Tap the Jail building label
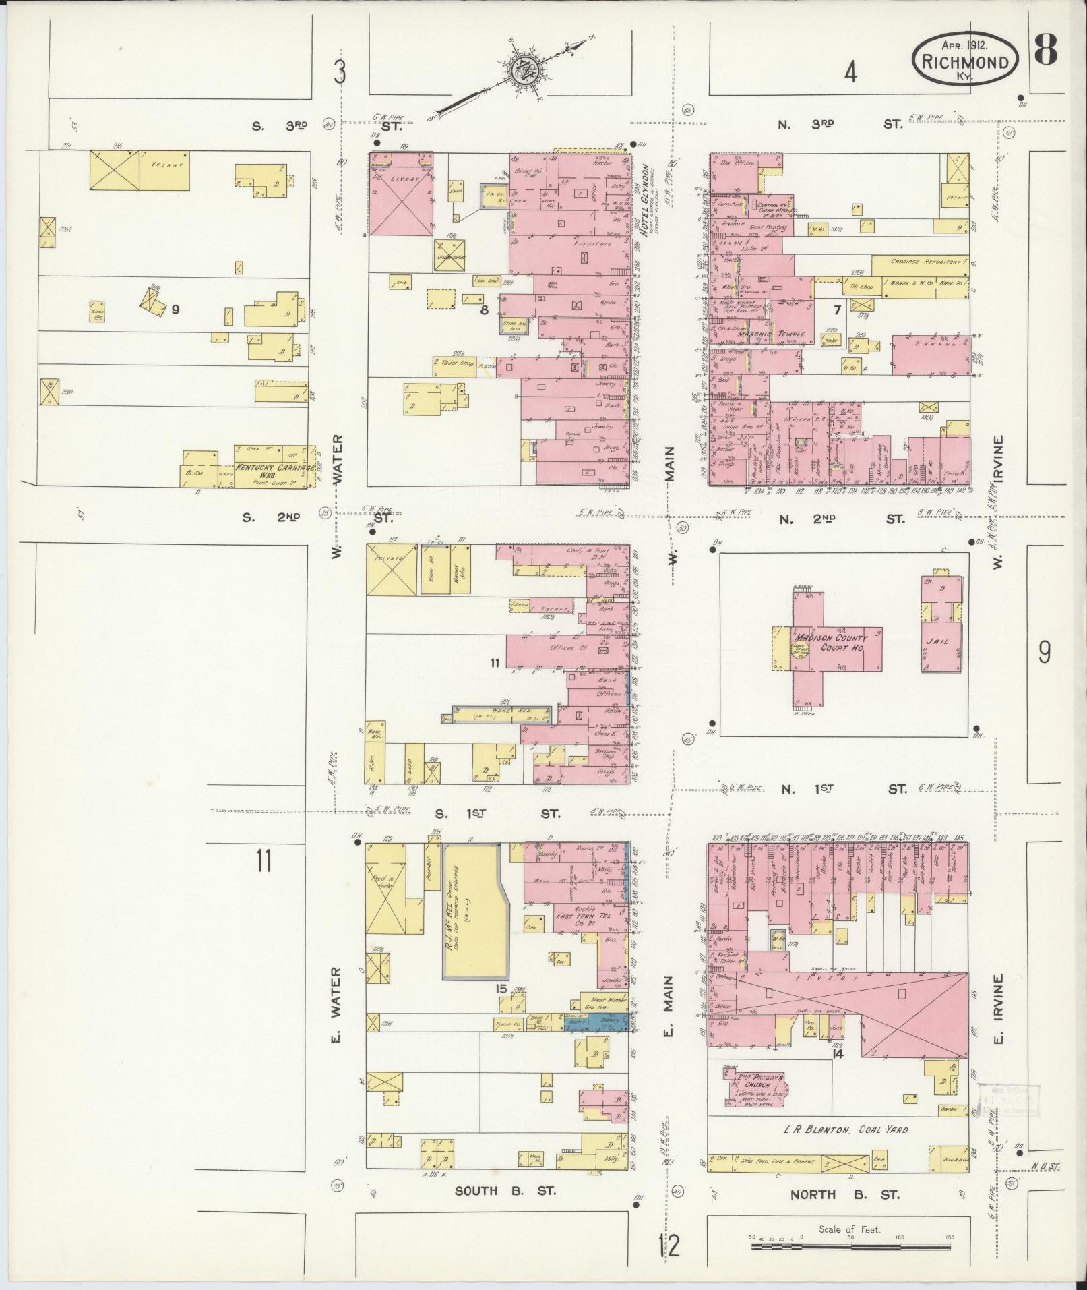[x=939, y=641]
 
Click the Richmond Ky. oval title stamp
[x=965, y=61]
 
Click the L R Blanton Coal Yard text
[x=845, y=1129]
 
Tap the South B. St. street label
[x=505, y=1191]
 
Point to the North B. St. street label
[x=844, y=1194]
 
